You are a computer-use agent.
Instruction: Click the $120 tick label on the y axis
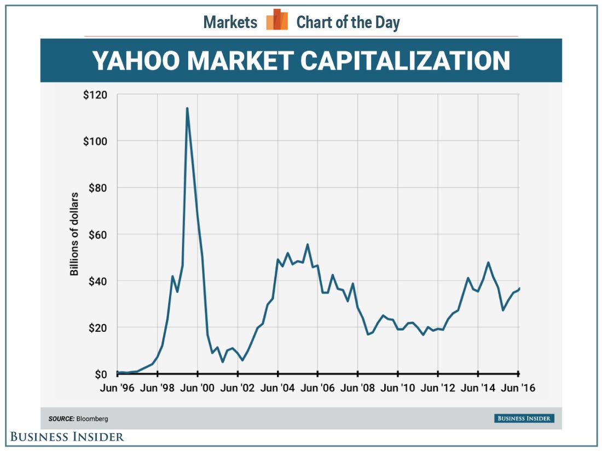(95, 95)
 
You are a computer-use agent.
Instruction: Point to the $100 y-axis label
(95, 141)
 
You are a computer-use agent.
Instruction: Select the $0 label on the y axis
(100, 374)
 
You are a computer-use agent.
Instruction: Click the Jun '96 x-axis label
(117, 389)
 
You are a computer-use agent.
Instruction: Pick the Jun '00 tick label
(198, 389)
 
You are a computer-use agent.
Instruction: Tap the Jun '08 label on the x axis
(358, 389)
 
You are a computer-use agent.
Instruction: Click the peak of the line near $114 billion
(187, 108)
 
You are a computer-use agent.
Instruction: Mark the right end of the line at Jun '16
(519, 288)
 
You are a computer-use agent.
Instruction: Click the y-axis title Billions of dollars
(74, 233)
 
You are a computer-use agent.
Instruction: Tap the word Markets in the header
(230, 22)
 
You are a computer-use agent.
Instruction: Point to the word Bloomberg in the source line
(92, 419)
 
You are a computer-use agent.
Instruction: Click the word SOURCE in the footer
(61, 419)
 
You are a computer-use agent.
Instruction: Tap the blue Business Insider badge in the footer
(524, 419)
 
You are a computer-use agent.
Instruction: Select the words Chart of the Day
(348, 22)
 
